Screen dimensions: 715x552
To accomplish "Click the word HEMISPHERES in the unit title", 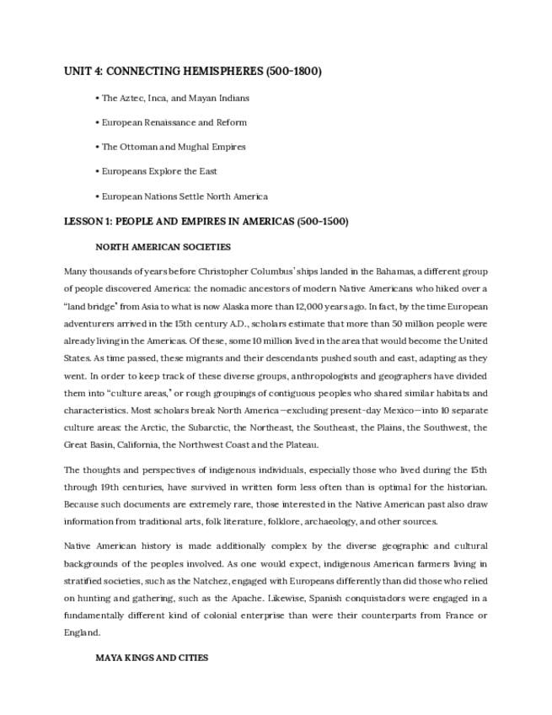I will [220, 72].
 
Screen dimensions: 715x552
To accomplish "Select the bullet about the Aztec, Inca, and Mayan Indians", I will [175, 98].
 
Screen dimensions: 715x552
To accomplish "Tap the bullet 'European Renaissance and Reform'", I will [174, 122].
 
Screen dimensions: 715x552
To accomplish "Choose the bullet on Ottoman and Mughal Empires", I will [174, 147].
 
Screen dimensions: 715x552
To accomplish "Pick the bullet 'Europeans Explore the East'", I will [159, 171].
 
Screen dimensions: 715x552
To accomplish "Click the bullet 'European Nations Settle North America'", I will [185, 196].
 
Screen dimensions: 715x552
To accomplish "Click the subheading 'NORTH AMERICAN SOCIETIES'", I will [163, 247].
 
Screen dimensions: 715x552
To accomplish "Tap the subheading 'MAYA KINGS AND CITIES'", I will [152, 657].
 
